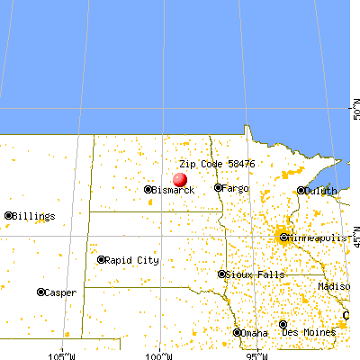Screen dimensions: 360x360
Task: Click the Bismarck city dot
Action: click(x=148, y=190)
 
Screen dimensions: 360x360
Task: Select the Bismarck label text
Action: click(x=174, y=191)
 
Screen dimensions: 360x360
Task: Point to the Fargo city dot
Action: click(x=218, y=188)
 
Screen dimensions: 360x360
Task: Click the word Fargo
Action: click(x=237, y=189)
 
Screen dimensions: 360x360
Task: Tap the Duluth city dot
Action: click(x=301, y=191)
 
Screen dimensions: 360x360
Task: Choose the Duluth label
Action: click(x=321, y=191)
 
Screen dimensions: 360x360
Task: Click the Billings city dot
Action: click(x=9, y=216)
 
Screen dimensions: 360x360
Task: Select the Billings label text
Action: click(x=34, y=217)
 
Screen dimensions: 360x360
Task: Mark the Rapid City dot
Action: click(x=101, y=259)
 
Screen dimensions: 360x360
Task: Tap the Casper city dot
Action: click(x=41, y=292)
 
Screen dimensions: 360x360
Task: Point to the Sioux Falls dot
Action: click(x=222, y=274)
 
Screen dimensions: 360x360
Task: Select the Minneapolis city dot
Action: click(x=283, y=238)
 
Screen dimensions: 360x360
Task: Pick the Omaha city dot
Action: click(x=238, y=332)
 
